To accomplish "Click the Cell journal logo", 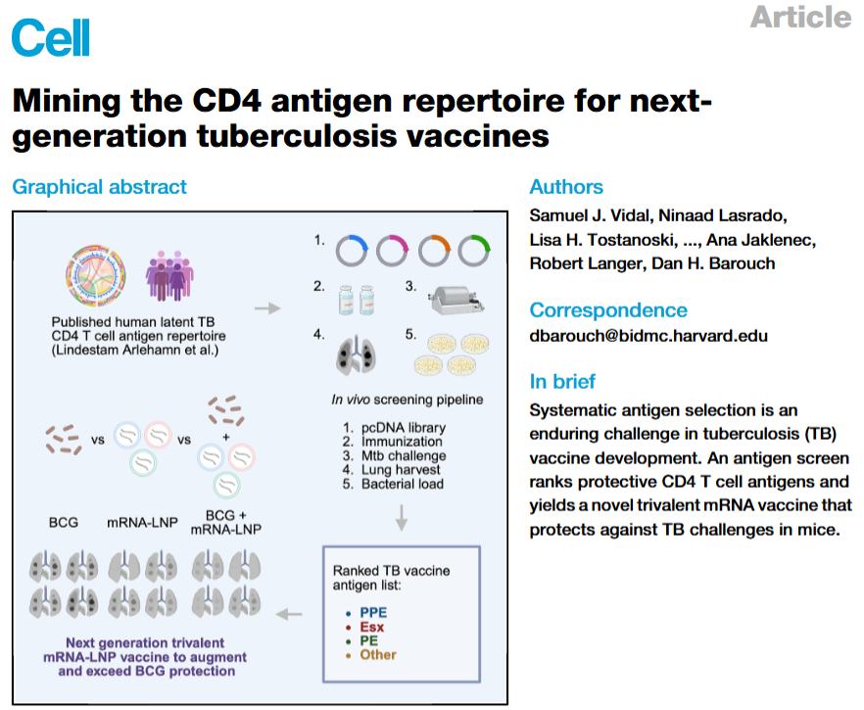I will click(51, 36).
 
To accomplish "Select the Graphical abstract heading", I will click(99, 186).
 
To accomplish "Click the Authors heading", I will click(566, 186).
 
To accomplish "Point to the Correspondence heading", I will click(608, 309).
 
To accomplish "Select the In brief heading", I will click(562, 381).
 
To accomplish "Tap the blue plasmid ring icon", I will click(353, 251).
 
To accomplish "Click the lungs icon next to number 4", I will click(350, 348).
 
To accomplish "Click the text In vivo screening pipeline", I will click(400, 400).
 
